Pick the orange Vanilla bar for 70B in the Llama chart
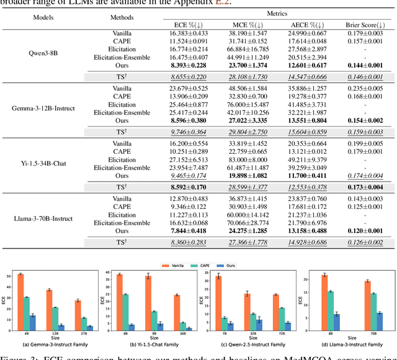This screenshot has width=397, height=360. pyautogui.click(x=367, y=304)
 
